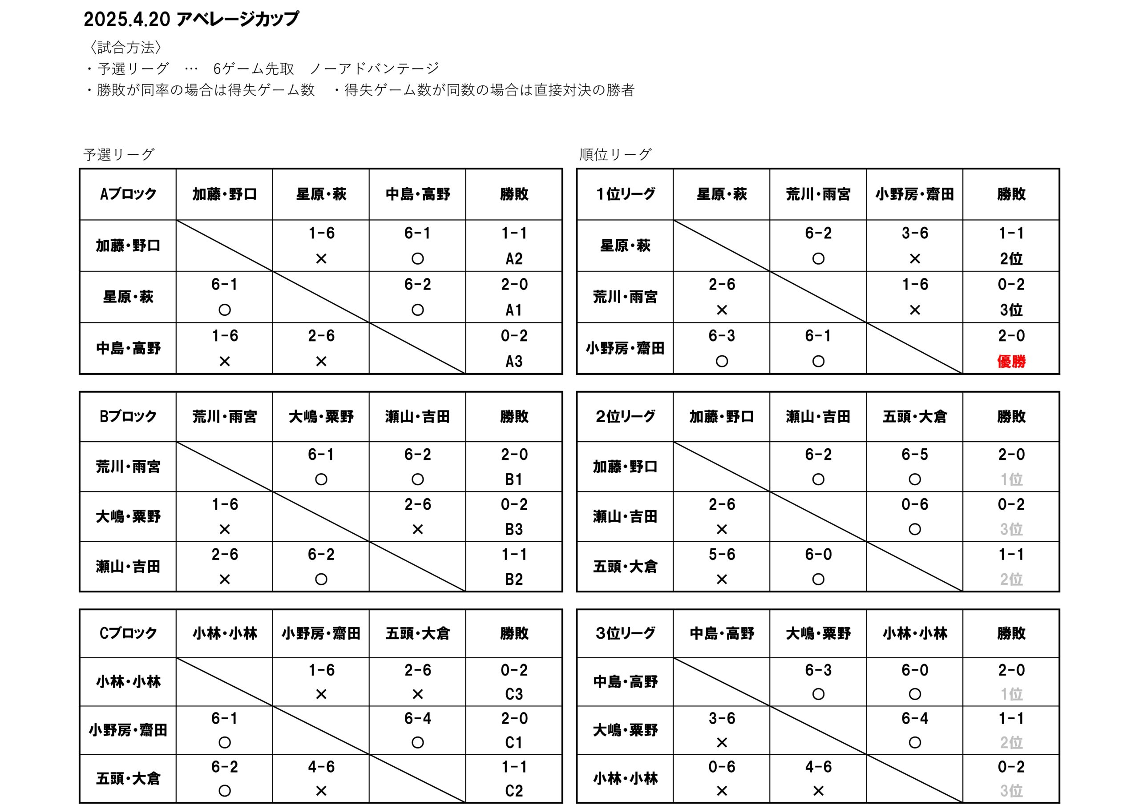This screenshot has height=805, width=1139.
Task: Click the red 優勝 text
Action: pos(1010,361)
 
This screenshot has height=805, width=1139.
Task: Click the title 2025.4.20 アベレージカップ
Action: pos(191,19)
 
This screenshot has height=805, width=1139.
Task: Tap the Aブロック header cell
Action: pos(128,194)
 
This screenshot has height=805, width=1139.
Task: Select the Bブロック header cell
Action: pos(128,416)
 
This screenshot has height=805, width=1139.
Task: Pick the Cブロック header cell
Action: pos(128,633)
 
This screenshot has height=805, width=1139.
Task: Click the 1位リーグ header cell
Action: pos(625,194)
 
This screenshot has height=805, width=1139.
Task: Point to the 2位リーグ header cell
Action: pos(625,416)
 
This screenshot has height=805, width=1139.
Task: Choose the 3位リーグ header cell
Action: pos(625,633)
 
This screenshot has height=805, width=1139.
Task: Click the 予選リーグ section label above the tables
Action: pos(119,155)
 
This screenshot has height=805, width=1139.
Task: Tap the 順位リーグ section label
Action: pos(615,155)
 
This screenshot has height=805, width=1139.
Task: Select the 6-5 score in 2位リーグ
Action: pos(914,455)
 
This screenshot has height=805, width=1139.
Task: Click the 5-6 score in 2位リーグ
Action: pos(721,554)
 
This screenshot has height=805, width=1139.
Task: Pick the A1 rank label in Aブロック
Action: pos(514,310)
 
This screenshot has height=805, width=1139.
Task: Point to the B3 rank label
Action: pos(514,529)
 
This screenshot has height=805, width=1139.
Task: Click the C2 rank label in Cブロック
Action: pos(514,791)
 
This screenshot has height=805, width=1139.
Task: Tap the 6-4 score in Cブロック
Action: pos(417,718)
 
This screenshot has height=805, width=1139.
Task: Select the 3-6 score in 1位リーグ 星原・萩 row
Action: pos(914,233)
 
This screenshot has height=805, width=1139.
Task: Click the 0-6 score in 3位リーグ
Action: pos(721,767)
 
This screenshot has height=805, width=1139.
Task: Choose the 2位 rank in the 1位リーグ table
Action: pos(1010,258)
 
